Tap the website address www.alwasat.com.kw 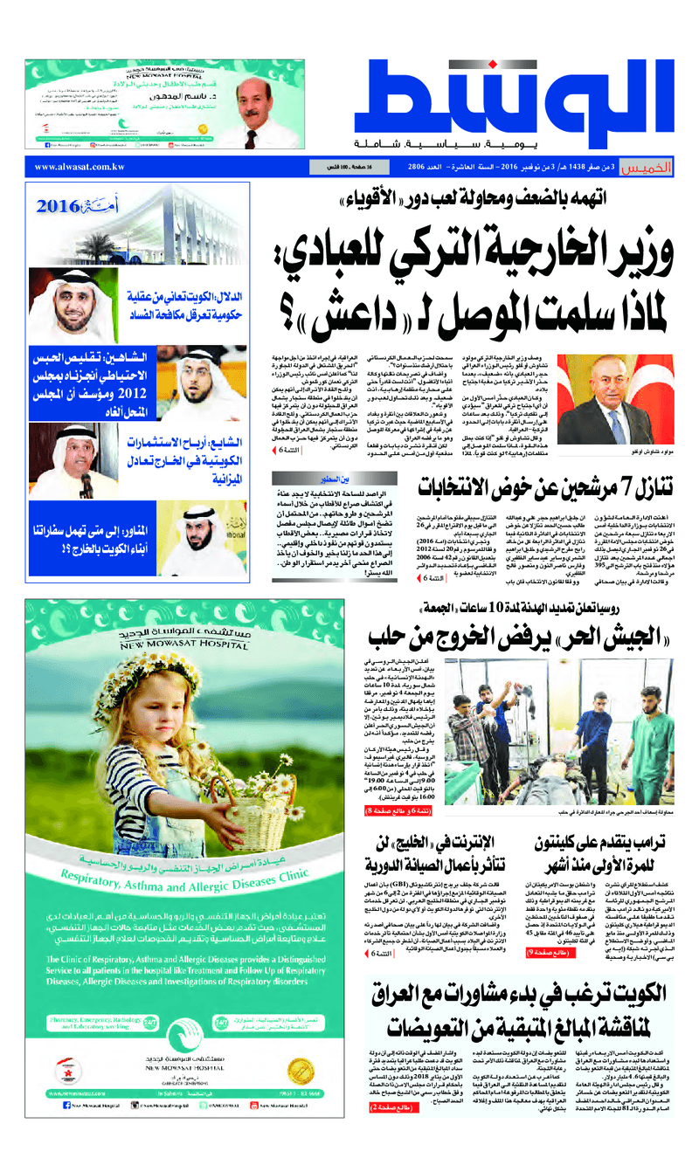pyautogui.click(x=80, y=167)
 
